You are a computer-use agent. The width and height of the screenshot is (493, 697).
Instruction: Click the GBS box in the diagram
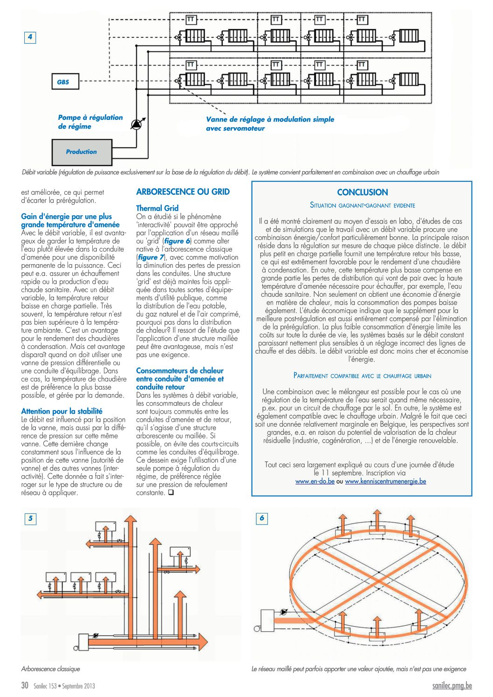coord(64,82)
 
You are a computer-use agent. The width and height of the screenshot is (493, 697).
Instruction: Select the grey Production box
coord(82,152)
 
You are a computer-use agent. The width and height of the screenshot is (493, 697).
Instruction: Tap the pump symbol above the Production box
coord(137,124)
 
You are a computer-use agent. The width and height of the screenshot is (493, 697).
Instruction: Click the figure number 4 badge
coord(30,37)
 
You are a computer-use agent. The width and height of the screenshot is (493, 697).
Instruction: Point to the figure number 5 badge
coord(30,518)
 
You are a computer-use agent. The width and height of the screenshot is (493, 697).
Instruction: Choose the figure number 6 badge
coord(262,518)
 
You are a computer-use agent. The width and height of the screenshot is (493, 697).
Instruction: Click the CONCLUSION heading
coord(362,192)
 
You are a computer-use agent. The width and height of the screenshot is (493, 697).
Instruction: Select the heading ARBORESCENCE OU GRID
coord(183,191)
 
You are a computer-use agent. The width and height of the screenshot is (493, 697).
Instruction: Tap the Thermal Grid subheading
coord(157,208)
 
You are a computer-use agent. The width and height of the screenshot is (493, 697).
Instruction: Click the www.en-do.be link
coord(315,481)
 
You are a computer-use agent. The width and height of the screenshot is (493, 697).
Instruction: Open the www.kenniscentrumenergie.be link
coord(385,481)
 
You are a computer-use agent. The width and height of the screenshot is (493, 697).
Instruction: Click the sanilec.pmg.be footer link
coord(452,685)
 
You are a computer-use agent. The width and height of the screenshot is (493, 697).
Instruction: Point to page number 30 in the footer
coord(25,685)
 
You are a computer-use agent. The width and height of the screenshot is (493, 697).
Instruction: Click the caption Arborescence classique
coord(50,669)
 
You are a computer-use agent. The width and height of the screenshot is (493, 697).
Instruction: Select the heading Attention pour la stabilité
coord(62,411)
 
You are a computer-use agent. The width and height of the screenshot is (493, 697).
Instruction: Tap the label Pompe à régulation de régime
coord(90,122)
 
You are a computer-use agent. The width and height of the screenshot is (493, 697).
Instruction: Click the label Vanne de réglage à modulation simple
coord(270,120)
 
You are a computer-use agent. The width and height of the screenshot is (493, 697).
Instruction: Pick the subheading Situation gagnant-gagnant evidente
coord(362,205)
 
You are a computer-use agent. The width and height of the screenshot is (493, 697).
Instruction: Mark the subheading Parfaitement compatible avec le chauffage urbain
coord(362,376)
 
